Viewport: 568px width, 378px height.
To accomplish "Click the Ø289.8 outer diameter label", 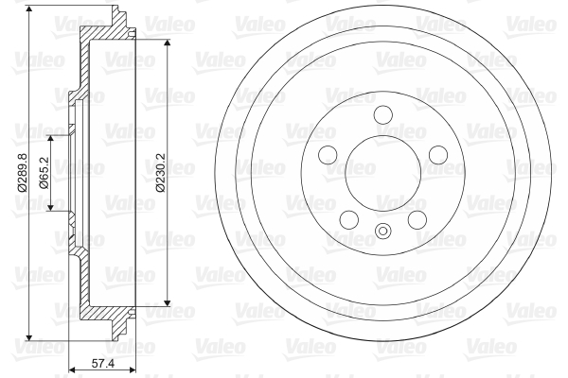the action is (22, 172).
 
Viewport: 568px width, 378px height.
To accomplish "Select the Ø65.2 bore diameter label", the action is (44, 173).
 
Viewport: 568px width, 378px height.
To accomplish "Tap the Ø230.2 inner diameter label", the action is (160, 173).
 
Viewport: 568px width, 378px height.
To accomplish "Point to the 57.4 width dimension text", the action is (103, 363).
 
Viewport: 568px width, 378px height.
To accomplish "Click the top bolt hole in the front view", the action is (382, 114).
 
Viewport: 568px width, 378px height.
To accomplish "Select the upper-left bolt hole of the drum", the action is (328, 155).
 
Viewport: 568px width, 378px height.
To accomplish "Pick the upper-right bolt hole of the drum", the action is (438, 155).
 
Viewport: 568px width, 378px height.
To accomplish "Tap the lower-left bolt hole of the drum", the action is (349, 219).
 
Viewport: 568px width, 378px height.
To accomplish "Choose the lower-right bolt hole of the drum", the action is (417, 219).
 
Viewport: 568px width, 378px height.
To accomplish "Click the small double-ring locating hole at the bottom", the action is (382, 231).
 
